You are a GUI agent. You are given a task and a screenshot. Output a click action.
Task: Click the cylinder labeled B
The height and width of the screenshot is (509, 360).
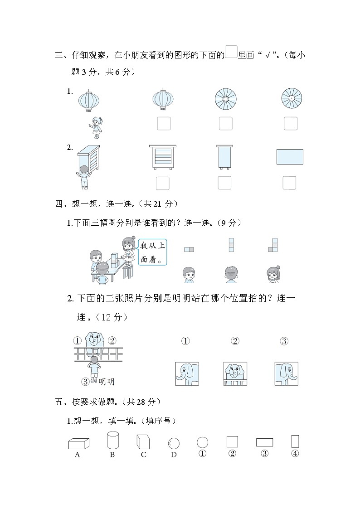[x=113, y=440]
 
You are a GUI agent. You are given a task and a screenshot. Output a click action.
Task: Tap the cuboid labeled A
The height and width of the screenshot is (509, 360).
[x=79, y=443]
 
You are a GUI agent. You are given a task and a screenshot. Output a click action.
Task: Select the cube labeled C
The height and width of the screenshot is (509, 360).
[x=143, y=442]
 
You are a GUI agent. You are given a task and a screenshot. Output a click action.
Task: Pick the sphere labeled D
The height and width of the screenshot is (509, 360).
[x=174, y=443]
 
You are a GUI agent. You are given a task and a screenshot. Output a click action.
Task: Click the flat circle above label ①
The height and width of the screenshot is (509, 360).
[x=202, y=442]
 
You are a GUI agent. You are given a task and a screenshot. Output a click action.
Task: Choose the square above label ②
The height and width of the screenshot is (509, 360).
[x=232, y=442]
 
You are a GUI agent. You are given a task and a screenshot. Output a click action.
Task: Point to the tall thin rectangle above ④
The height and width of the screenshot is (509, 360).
[x=295, y=441]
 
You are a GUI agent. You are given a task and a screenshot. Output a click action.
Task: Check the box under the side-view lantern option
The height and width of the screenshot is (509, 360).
[x=164, y=123]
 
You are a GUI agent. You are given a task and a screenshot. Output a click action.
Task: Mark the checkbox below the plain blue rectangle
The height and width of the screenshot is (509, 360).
[x=289, y=183]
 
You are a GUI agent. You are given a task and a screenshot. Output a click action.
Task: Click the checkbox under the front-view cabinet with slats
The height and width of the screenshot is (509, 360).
[x=163, y=183]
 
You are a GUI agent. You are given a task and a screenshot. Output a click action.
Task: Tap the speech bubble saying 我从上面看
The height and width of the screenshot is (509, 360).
[x=152, y=252]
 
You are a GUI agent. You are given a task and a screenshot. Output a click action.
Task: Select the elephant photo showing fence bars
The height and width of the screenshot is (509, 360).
[x=235, y=373]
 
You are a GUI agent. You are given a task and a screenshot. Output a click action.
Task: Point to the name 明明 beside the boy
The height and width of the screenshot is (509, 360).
[x=107, y=382]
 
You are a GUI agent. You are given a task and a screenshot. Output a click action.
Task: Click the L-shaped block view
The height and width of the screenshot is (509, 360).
[x=272, y=245]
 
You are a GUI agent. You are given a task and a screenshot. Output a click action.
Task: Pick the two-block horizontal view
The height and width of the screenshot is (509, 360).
[x=189, y=249]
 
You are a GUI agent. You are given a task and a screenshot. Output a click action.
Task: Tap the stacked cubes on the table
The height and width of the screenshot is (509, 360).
[x=115, y=260]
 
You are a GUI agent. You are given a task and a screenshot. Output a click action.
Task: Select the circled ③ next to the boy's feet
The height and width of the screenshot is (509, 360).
[x=85, y=382]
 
